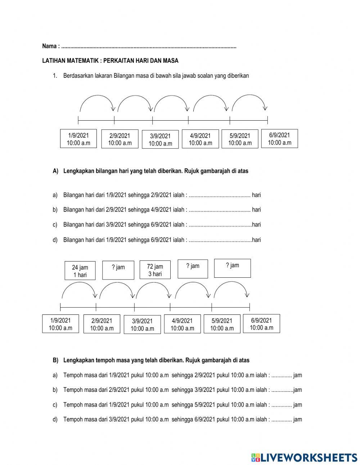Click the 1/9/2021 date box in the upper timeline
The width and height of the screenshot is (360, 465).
78,139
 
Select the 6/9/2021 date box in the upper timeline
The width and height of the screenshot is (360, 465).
279,139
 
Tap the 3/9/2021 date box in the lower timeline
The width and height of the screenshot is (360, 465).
142,325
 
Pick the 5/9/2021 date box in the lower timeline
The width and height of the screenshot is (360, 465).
222,324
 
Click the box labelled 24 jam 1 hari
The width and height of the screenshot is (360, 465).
80,271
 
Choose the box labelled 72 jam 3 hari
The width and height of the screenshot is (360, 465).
155,270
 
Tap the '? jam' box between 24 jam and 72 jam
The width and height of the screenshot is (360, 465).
118,270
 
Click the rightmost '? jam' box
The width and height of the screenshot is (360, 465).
232,268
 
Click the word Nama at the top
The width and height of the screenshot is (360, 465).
49,46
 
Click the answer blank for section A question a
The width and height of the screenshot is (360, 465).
219,195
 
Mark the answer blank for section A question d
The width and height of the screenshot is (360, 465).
220,240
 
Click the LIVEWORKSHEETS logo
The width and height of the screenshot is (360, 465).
304,457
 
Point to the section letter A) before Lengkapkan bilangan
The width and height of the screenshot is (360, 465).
55,171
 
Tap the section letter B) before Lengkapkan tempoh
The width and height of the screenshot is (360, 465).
55,360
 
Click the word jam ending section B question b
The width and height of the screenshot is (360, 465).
298,390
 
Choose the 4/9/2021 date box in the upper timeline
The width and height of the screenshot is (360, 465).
200,139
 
